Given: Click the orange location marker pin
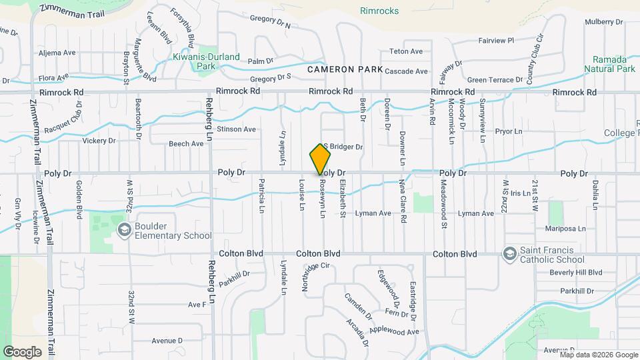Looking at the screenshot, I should pyautogui.click(x=321, y=159).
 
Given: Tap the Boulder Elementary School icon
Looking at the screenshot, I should pyautogui.click(x=123, y=230).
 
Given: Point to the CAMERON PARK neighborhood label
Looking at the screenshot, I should pyautogui.click(x=345, y=69).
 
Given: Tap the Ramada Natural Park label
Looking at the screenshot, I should pyautogui.click(x=609, y=64).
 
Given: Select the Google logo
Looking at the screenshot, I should pyautogui.click(x=22, y=351).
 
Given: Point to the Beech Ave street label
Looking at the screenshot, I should pyautogui.click(x=186, y=143).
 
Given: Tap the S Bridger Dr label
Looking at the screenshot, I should pyautogui.click(x=343, y=147).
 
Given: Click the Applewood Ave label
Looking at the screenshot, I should pyautogui.click(x=399, y=331).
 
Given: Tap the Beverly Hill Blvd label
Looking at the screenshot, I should pyautogui.click(x=575, y=273).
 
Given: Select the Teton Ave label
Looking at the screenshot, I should pyautogui.click(x=405, y=51).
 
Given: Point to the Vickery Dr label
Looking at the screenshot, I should pyautogui.click(x=99, y=141).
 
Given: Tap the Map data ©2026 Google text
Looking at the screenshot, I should pyautogui.click(x=599, y=354).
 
